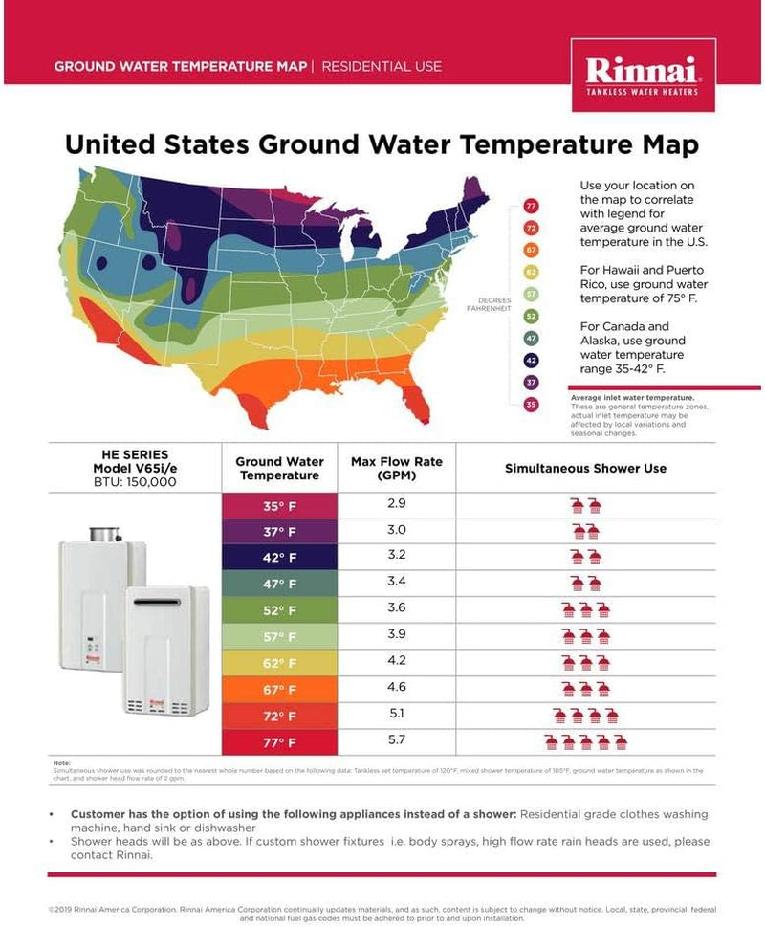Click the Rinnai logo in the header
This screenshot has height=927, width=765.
(x=643, y=75)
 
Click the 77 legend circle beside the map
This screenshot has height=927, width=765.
(x=532, y=207)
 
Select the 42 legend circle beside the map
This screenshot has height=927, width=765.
(x=532, y=361)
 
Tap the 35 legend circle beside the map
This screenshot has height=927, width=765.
(x=532, y=405)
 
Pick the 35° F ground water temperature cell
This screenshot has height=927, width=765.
(x=280, y=507)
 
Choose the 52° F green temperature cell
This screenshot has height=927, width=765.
(x=280, y=610)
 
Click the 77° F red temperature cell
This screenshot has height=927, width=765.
(x=280, y=740)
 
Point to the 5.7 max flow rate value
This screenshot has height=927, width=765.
(x=397, y=739)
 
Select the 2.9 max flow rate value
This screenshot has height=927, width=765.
(x=397, y=503)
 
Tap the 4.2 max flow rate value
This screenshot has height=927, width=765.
(x=397, y=660)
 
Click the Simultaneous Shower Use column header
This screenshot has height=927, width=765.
(x=585, y=469)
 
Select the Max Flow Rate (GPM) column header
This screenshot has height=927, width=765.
(x=397, y=468)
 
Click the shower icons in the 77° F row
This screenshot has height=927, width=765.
(x=585, y=740)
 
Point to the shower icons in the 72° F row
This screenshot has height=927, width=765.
(x=585, y=715)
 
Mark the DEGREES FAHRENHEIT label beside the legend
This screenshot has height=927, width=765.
(x=489, y=304)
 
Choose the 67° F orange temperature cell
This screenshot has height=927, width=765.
(x=280, y=689)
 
